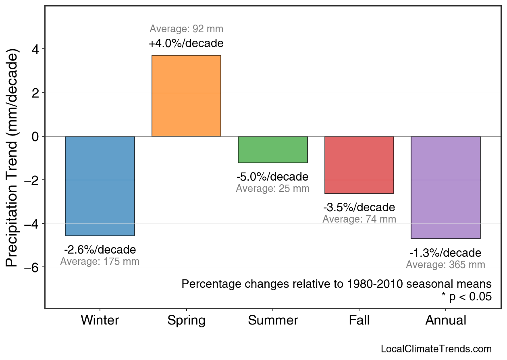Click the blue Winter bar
coord(100,186)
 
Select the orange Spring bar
coord(186,96)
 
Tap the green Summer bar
coord(273,150)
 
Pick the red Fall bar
coord(359,165)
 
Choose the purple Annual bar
coord(445,187)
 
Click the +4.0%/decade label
coord(186,43)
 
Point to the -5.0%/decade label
coord(272,177)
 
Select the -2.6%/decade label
coord(100,250)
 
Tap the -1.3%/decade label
coord(445,253)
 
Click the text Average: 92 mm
coord(186,29)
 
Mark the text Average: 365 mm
coord(445,265)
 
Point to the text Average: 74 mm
coord(359,219)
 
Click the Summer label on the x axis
coord(273,320)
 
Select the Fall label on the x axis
coord(359,320)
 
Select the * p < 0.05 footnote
coord(466,297)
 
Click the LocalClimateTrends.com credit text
coord(436,349)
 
